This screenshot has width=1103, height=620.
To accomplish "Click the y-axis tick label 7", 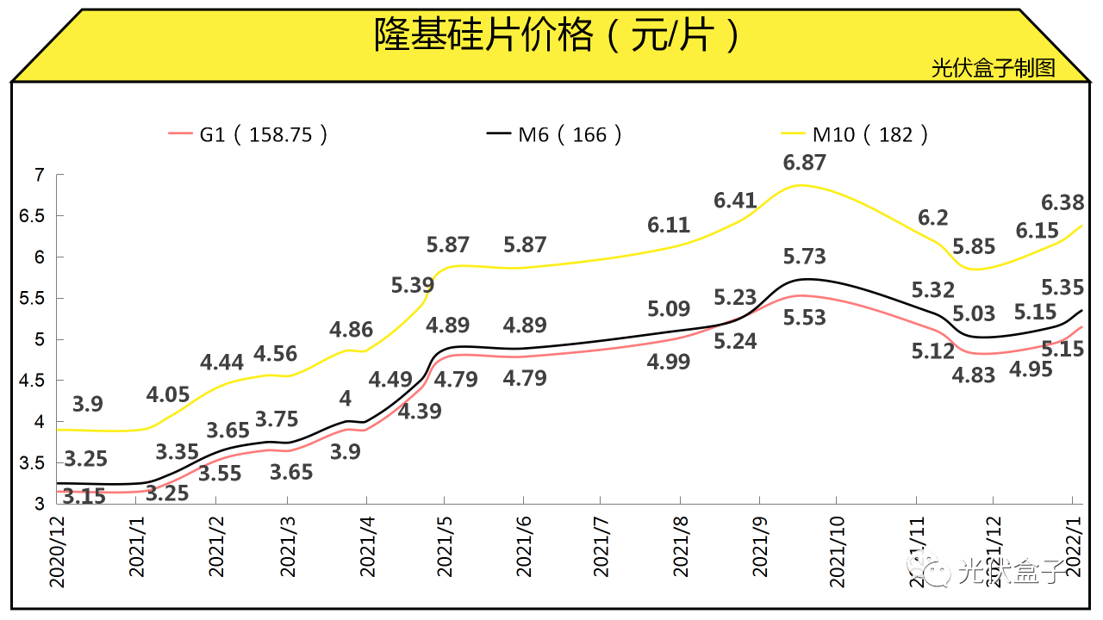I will (38, 176).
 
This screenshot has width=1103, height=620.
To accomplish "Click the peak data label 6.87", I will (805, 163).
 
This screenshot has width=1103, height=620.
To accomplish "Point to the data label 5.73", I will (804, 257).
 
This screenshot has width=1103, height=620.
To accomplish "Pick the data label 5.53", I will (804, 318).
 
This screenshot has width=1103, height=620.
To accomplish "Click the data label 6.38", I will (1062, 202).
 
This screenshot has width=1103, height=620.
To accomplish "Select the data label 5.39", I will (413, 284).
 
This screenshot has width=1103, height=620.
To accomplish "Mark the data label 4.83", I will (974, 375).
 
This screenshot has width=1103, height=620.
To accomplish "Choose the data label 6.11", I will (669, 226).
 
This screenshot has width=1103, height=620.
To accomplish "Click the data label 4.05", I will (168, 395).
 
